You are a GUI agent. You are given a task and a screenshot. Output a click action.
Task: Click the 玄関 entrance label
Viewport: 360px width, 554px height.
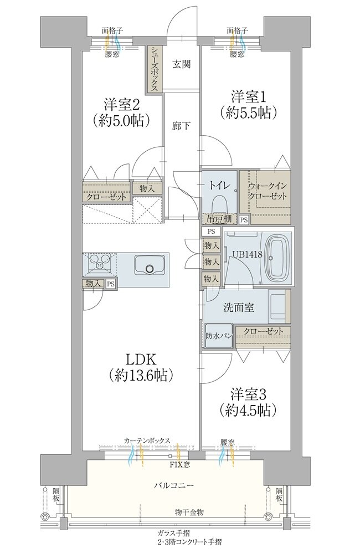[x=182, y=64]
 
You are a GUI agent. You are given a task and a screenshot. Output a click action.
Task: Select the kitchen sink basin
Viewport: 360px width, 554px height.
[x=149, y=265]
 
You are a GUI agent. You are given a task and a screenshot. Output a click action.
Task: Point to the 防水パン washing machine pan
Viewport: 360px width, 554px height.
[x=218, y=336]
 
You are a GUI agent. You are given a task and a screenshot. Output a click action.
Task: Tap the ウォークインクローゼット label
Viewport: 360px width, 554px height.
[x=267, y=191]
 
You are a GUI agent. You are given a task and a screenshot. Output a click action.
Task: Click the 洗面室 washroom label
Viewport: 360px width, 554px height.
[x=239, y=307]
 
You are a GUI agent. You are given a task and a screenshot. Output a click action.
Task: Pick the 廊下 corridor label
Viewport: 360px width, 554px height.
[x=182, y=126]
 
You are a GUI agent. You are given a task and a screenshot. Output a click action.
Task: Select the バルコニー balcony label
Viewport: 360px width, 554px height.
[x=173, y=485]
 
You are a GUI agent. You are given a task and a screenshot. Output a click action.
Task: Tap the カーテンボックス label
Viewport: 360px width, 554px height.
[x=147, y=440]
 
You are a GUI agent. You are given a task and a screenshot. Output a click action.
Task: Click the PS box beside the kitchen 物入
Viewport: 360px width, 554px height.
[x=111, y=283]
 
